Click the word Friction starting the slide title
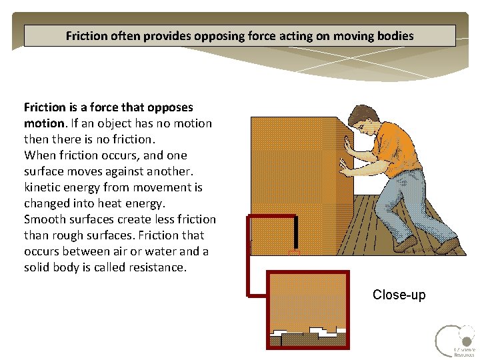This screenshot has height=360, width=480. (85, 36)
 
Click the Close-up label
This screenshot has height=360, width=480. (399, 295)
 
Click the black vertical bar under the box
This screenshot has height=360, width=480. (295, 232)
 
